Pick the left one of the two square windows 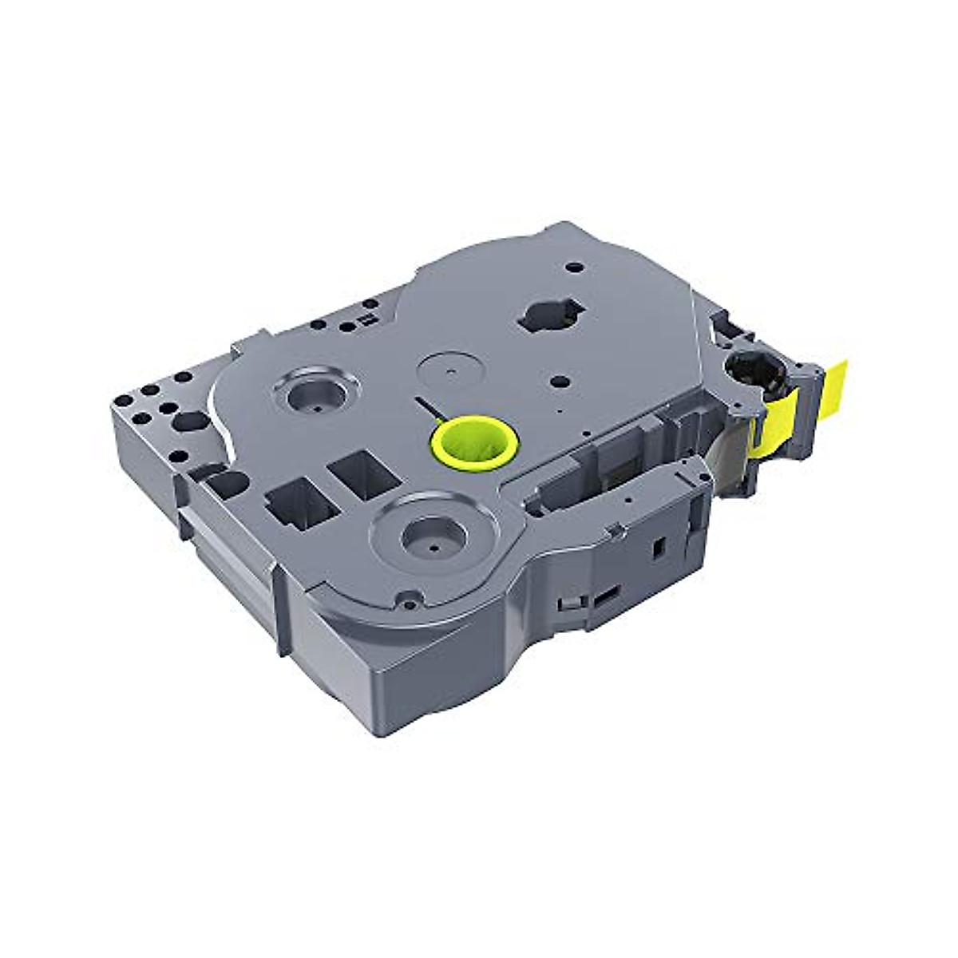click(294, 505)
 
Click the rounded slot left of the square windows click(226, 482)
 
